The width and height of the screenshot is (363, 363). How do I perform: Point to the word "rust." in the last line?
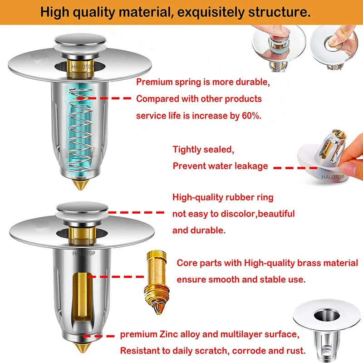[295, 351]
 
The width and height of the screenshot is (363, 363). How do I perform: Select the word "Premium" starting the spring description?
[154, 82]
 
